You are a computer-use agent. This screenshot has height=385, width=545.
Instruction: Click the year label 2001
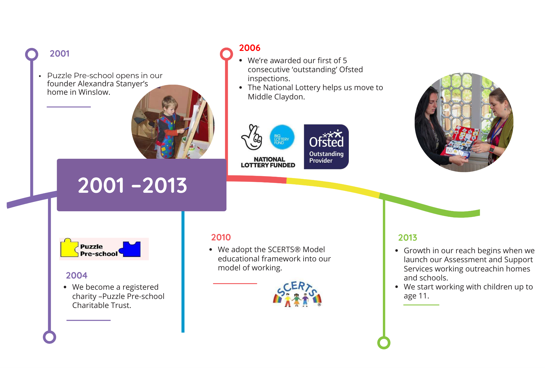(x=59, y=54)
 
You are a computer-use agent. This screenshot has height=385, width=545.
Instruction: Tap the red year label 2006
(x=250, y=48)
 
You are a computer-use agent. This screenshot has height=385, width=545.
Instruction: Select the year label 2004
(x=77, y=276)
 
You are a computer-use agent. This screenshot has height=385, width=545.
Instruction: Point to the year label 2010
(x=221, y=237)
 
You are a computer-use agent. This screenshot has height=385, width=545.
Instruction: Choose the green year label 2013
(x=408, y=238)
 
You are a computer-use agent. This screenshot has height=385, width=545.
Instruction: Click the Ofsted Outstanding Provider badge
(x=326, y=147)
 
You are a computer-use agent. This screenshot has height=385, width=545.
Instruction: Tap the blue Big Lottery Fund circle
(x=282, y=137)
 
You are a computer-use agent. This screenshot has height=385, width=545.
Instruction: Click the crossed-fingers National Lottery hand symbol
(x=252, y=137)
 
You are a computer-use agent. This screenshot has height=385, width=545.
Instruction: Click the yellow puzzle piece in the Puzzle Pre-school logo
(x=69, y=248)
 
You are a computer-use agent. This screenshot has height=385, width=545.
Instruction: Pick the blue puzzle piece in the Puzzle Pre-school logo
(x=131, y=249)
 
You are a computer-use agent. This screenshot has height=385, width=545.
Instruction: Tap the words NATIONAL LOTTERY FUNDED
(x=268, y=162)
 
